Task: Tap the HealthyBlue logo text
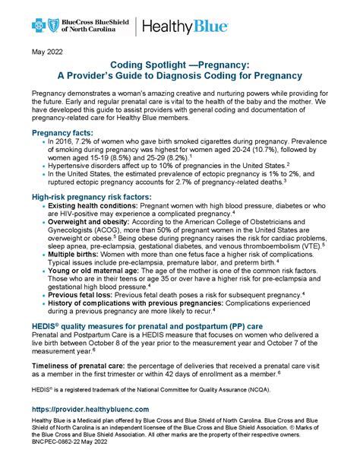click(182, 27)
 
